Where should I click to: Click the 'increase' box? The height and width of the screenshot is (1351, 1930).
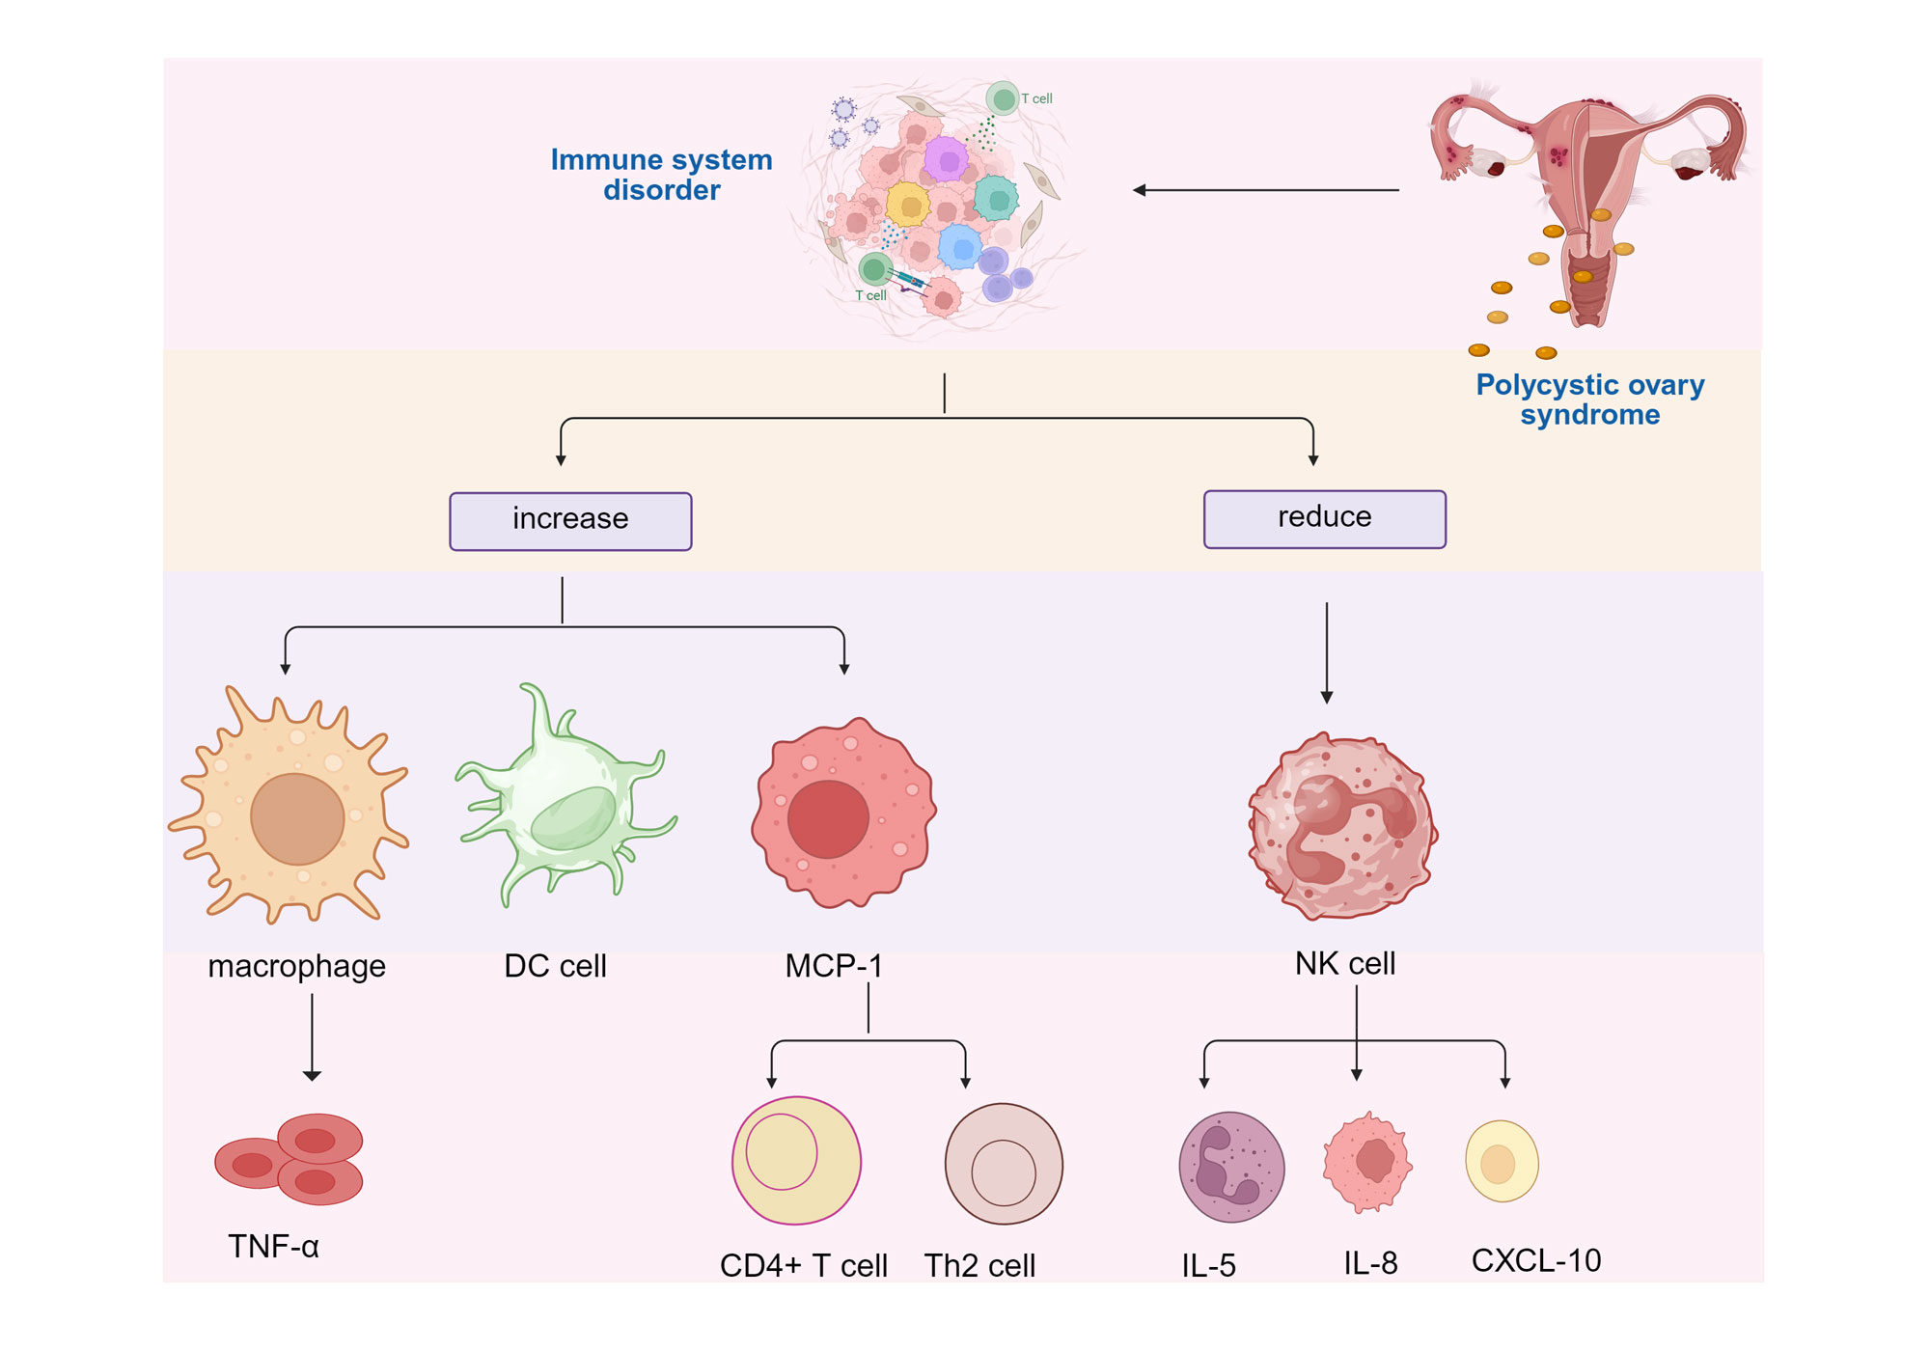570,521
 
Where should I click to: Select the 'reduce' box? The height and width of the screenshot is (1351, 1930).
1324,519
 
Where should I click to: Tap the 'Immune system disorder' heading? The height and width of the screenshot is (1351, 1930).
661,175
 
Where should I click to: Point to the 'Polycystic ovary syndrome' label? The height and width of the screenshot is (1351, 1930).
1589,400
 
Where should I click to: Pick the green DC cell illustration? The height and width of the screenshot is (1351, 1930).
565,801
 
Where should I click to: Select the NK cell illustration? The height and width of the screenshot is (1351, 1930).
1342,826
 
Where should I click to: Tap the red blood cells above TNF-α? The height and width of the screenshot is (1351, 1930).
290,1159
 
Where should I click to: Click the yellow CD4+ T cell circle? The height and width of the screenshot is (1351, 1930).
796,1160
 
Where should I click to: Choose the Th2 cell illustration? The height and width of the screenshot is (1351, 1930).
1004,1165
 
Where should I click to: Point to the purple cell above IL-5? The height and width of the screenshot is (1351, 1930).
1231,1167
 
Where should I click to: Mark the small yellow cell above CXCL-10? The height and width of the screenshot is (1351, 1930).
1502,1161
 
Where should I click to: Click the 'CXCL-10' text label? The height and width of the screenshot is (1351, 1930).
1535,1260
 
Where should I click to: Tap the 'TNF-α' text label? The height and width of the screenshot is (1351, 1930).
273,1247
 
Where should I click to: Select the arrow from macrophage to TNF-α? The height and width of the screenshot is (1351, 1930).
312,1036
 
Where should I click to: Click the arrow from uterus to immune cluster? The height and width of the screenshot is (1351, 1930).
1266,190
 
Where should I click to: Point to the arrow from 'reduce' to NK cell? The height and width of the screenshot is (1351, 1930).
1327,652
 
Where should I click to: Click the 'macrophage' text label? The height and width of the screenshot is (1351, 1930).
296,966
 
